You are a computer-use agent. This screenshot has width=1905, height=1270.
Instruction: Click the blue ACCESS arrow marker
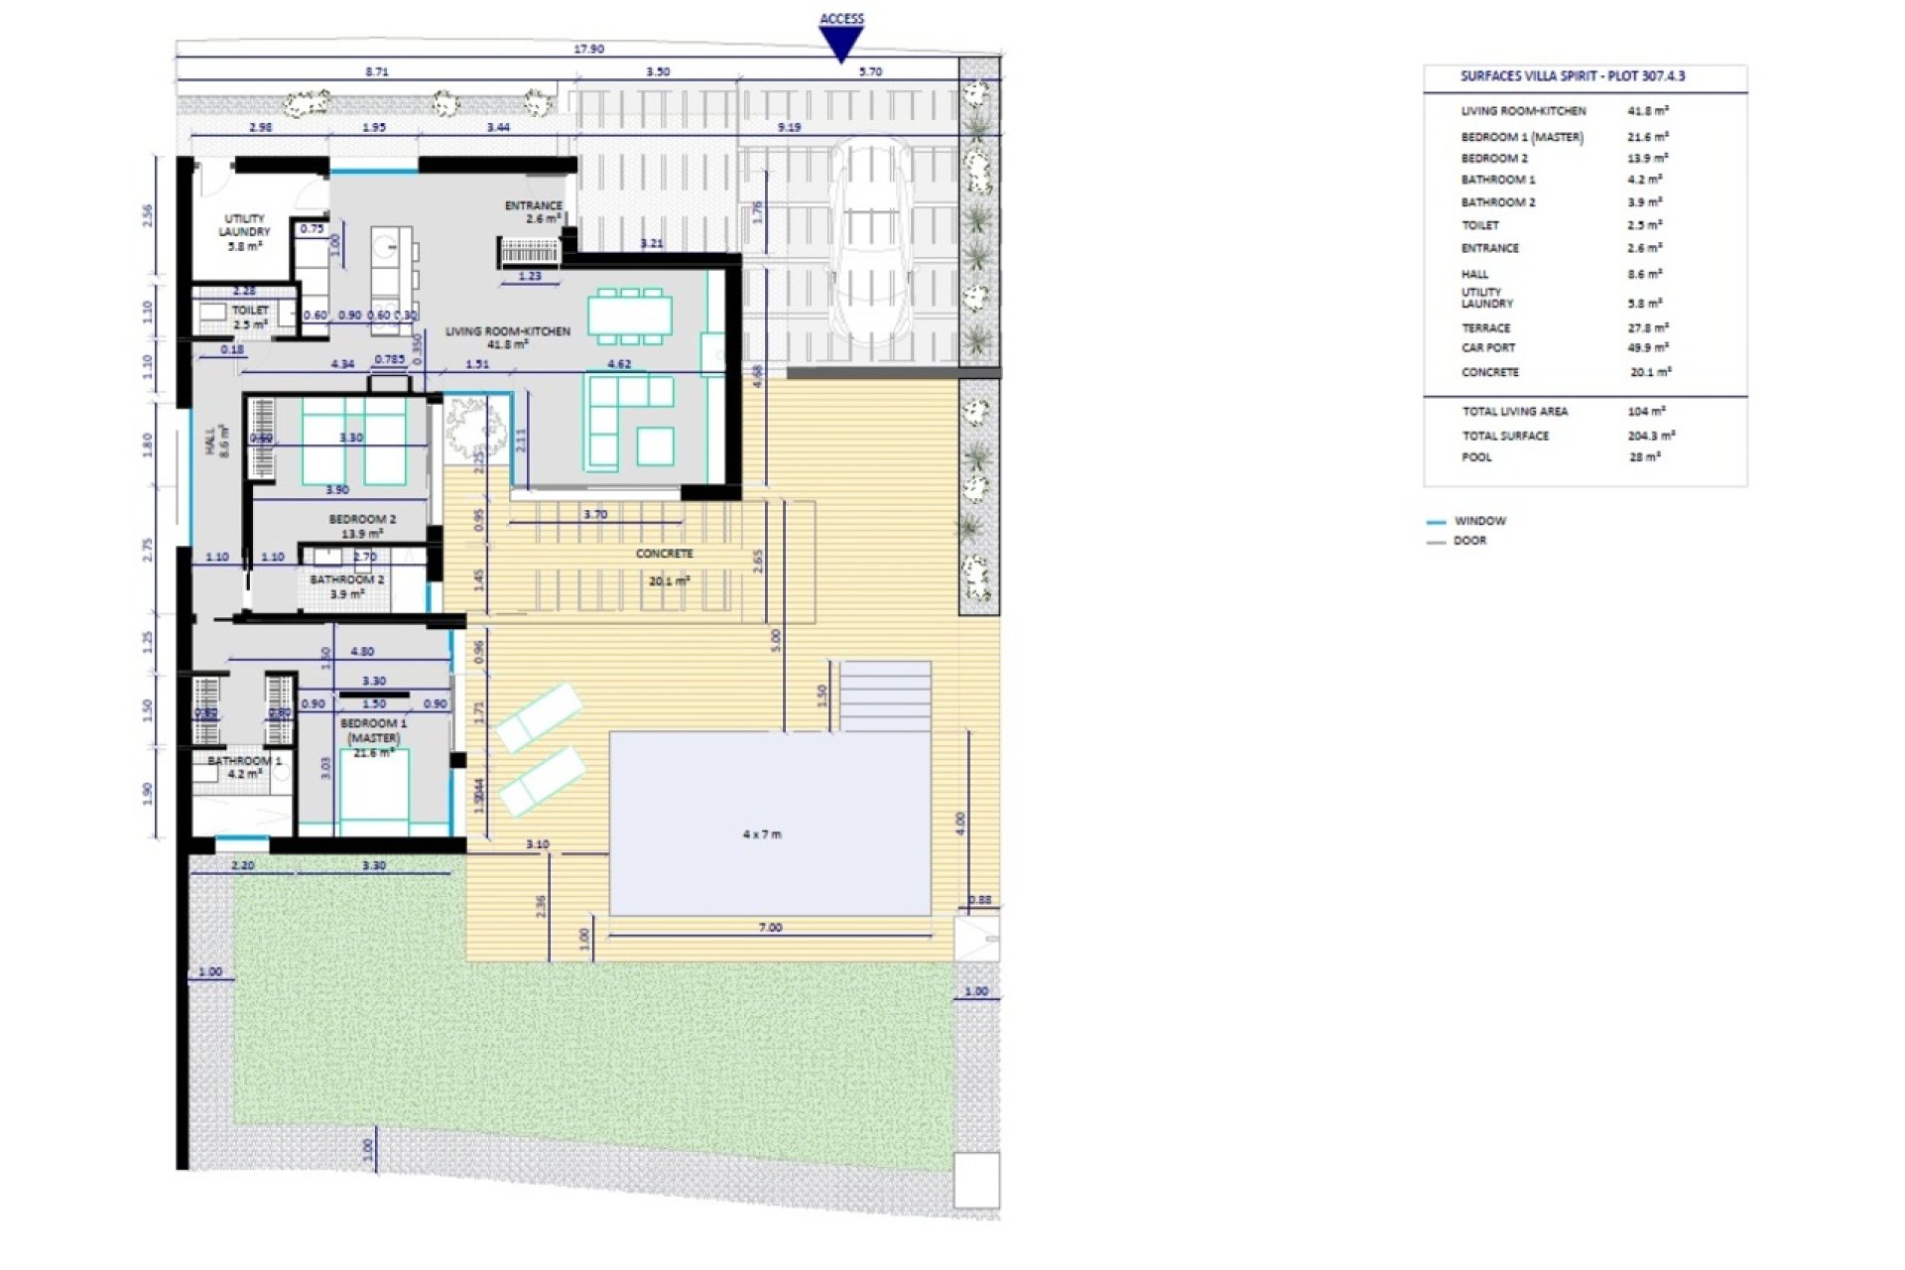[840, 43]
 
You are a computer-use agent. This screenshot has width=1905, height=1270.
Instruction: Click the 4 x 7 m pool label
[761, 834]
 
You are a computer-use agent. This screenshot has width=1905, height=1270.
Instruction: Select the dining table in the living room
[629, 316]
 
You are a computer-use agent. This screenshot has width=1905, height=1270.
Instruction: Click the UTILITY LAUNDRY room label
[244, 231]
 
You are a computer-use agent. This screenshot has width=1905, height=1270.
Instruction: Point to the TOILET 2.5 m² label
[249, 317]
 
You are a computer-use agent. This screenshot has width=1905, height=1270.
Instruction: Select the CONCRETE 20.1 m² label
[665, 566]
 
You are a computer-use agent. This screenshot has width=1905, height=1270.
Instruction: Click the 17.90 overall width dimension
[588, 49]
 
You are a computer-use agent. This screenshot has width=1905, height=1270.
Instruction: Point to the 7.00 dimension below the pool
[770, 928]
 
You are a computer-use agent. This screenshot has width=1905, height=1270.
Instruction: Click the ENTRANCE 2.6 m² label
[534, 211]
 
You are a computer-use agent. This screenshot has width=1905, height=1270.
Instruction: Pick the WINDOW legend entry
[1479, 521]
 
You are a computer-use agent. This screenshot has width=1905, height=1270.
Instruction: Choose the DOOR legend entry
[1469, 541]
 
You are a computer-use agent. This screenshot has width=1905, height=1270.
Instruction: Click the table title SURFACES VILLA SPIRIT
[1572, 76]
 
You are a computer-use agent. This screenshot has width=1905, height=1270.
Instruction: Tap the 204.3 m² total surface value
[1651, 436]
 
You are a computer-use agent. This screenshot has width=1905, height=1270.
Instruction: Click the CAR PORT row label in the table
[1487, 348]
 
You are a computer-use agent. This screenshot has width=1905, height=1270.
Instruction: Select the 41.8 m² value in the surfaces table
[1647, 111]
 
